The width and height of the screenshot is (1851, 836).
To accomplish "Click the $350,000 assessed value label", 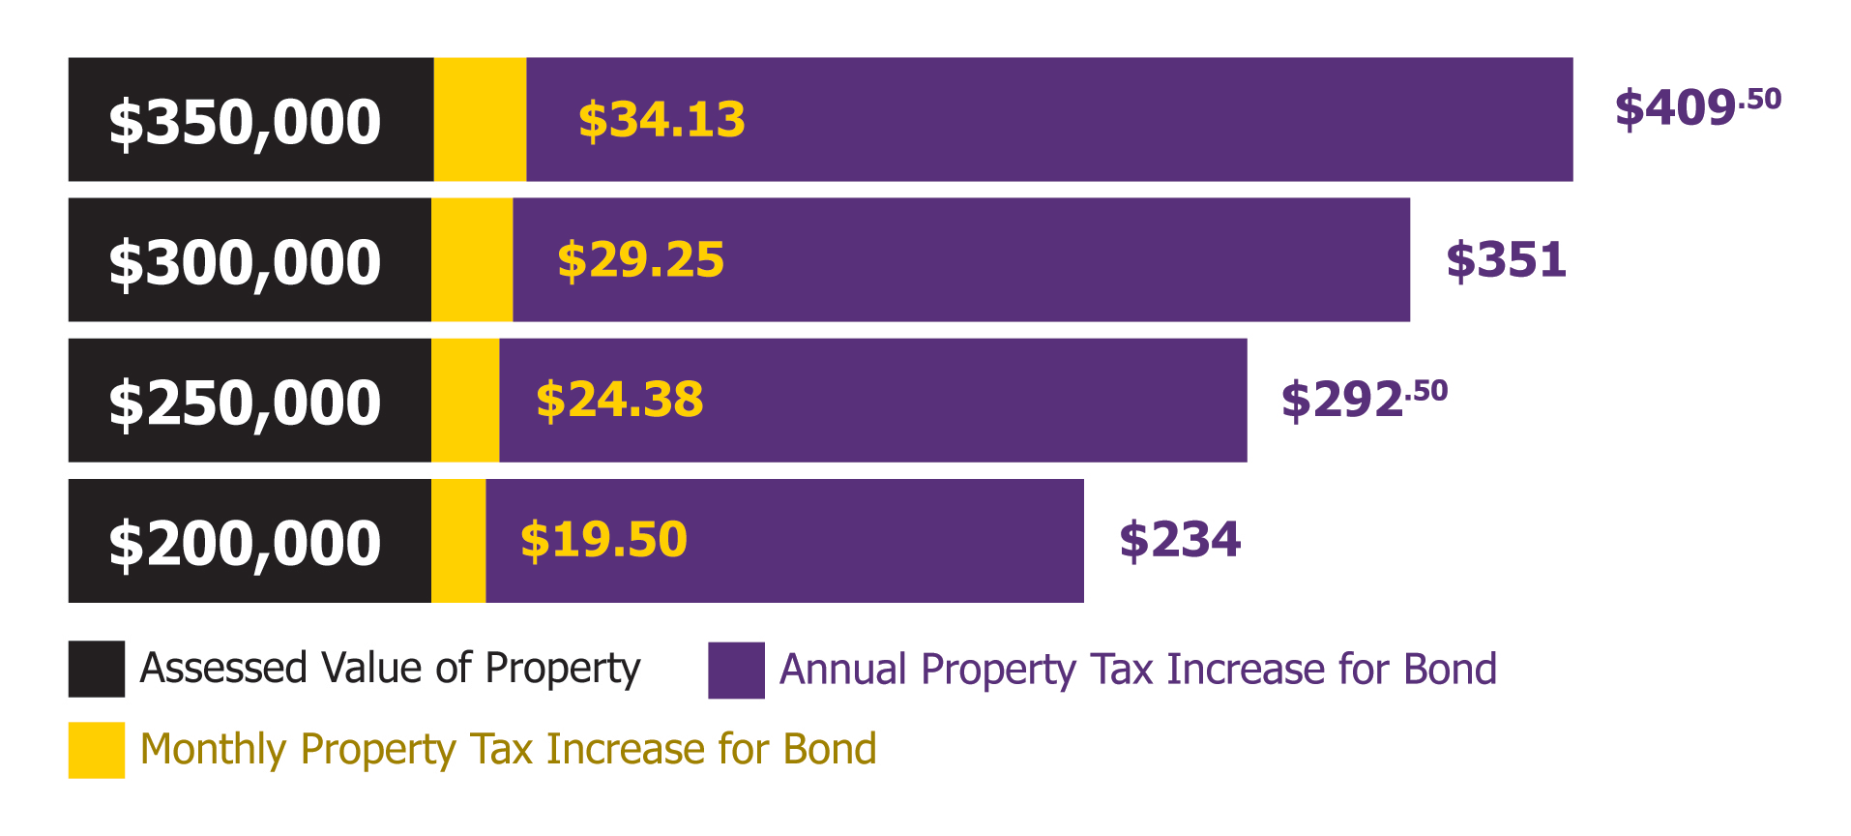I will [x=245, y=122].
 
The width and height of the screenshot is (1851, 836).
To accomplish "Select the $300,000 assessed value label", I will [x=245, y=262].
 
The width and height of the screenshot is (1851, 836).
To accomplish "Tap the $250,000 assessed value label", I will [x=245, y=403].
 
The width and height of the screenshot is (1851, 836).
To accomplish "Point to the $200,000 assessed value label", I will [x=245, y=543].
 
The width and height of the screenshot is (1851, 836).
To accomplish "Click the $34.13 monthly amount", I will [x=661, y=120].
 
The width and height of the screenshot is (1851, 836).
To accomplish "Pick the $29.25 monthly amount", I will [x=640, y=260].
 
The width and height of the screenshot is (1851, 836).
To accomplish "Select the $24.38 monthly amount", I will [x=620, y=400].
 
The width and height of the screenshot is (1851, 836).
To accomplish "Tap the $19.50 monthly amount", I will [x=603, y=540].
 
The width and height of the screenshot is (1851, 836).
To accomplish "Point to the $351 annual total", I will [x=1506, y=260].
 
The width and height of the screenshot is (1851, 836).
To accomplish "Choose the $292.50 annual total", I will [x=1364, y=399].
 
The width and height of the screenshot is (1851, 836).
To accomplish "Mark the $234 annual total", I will [x=1180, y=540].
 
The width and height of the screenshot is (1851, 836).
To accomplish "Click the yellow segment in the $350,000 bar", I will [x=480, y=119].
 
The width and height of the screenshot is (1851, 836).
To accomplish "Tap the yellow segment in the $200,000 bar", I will [x=458, y=541].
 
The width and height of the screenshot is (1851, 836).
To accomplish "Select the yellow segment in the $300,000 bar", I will [x=472, y=259].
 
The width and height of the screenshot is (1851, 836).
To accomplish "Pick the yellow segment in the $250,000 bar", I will [x=465, y=400].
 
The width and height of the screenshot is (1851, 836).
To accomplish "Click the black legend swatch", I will [x=97, y=669].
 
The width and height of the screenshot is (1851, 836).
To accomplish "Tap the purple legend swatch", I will [x=736, y=670].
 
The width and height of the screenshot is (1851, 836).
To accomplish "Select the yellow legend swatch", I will [x=97, y=750].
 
